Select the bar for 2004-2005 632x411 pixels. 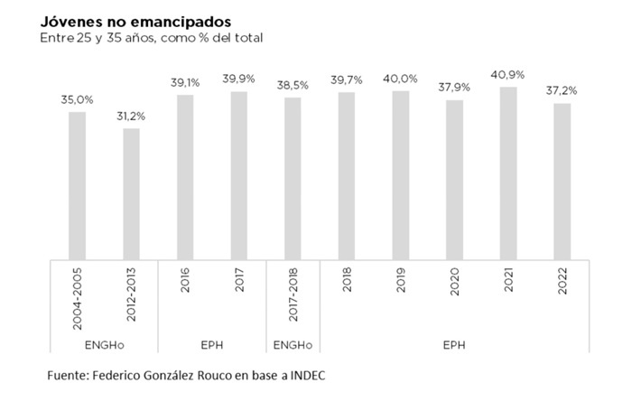click(x=78, y=185)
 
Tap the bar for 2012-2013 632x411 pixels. click(x=131, y=193)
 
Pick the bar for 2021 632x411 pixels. click(x=508, y=173)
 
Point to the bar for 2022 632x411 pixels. click(x=562, y=181)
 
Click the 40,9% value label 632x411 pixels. click(x=508, y=75)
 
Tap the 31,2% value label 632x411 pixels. click(x=132, y=117)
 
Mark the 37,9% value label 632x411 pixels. click(x=454, y=88)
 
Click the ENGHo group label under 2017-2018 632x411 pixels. click(x=293, y=343)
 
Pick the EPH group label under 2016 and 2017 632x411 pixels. click(x=212, y=343)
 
